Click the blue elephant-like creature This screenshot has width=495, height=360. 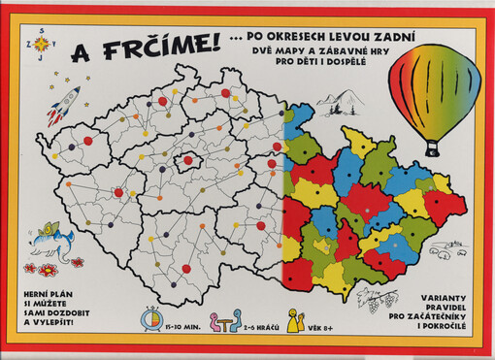tap(52, 239)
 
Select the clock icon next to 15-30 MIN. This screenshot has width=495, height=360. tap(153, 318)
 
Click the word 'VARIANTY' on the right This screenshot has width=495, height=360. tap(435, 295)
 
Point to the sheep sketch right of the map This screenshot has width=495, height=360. tap(445, 254)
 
